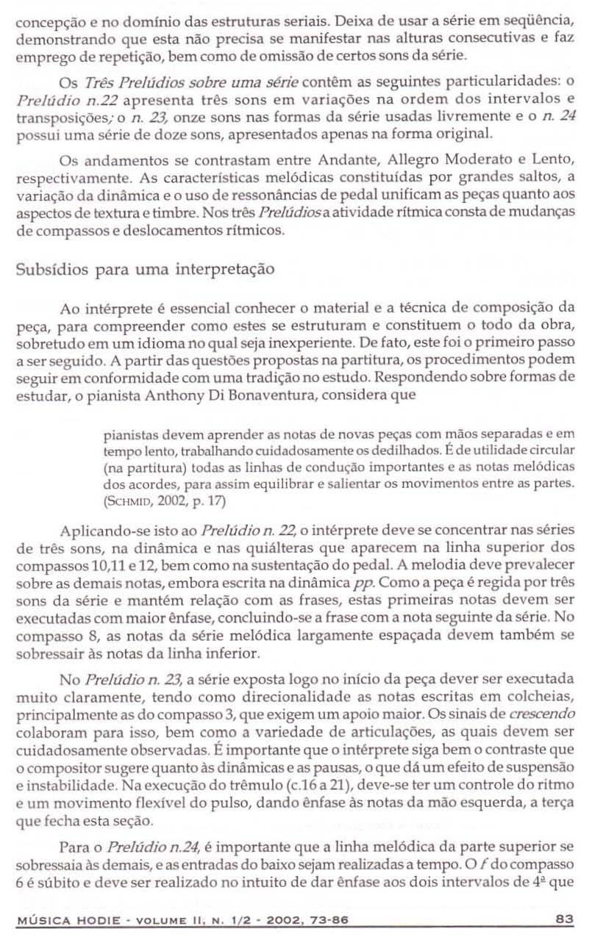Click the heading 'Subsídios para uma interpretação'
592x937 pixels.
(146, 269)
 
